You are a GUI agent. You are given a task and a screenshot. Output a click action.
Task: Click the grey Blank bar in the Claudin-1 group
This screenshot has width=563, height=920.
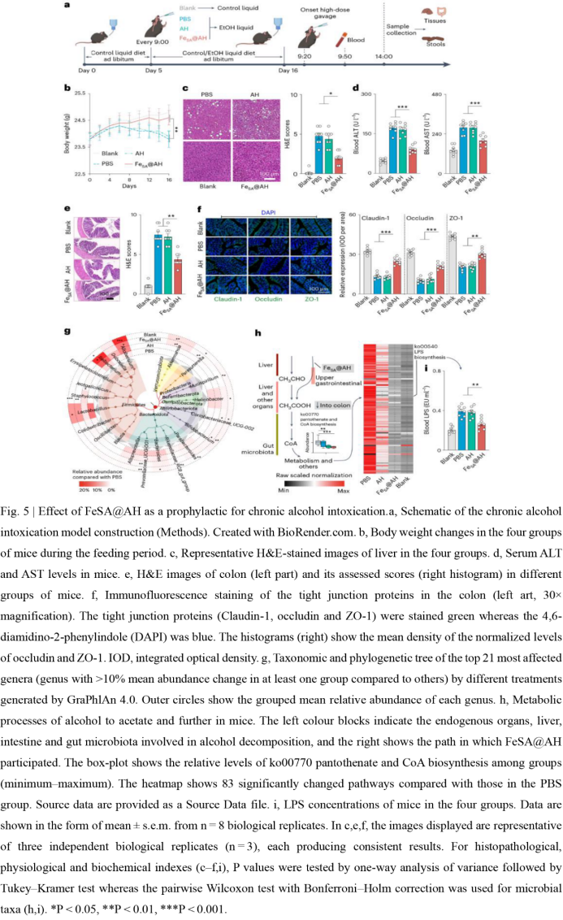[x=367, y=269]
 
